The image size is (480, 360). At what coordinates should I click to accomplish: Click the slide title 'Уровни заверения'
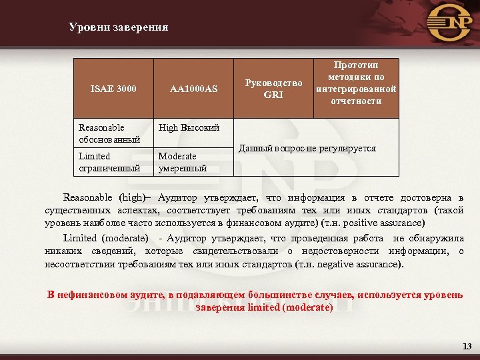point(118,27)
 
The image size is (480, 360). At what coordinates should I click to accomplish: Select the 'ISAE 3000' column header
point(113,88)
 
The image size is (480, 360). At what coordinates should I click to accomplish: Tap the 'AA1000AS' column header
point(193,88)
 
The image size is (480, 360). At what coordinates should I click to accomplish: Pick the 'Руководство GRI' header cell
point(273,89)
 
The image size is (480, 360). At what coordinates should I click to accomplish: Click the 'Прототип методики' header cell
point(356,83)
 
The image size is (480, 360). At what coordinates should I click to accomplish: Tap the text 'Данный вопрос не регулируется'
point(307,148)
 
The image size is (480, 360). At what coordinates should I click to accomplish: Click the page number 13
point(466,347)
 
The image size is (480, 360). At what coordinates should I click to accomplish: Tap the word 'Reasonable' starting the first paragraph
point(89,198)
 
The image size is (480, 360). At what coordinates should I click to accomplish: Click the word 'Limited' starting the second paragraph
point(80,238)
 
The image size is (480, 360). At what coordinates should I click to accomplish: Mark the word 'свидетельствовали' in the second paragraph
point(234,251)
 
